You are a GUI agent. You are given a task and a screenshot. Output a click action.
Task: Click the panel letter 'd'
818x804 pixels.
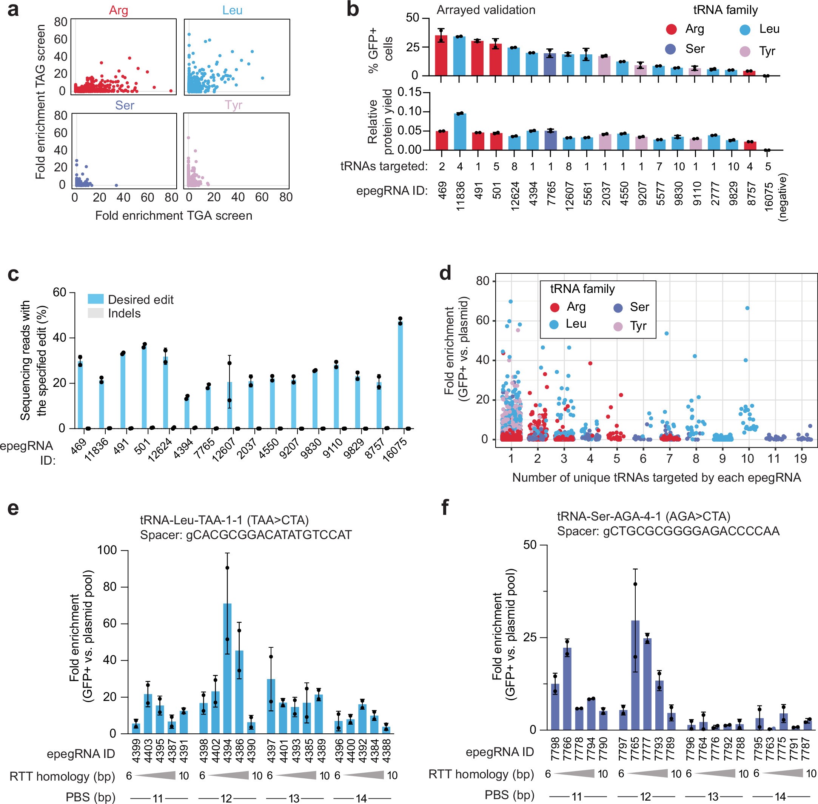click(445, 274)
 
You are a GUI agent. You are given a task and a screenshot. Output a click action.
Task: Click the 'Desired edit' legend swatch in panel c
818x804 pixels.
click(96, 299)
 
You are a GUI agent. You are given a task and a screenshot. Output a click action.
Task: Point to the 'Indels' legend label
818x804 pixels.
click(124, 313)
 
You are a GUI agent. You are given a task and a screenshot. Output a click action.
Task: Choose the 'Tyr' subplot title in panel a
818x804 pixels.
click(234, 105)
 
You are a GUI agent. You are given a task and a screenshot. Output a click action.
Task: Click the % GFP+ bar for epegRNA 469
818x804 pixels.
click(441, 57)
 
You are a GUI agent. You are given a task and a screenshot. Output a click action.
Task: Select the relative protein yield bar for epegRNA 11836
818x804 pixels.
click(459, 132)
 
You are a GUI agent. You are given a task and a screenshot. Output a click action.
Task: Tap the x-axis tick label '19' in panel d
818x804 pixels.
click(800, 458)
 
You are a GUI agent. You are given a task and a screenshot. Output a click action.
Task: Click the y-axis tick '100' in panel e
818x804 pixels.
click(107, 550)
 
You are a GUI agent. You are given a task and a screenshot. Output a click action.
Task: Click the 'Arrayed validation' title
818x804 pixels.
click(486, 10)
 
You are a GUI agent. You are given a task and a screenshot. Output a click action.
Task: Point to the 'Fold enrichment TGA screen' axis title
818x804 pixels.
click(174, 216)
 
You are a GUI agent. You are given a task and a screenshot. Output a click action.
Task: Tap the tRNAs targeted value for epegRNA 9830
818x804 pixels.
click(679, 167)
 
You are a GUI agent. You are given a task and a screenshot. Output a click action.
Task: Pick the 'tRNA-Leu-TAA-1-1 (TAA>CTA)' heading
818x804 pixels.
click(224, 520)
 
